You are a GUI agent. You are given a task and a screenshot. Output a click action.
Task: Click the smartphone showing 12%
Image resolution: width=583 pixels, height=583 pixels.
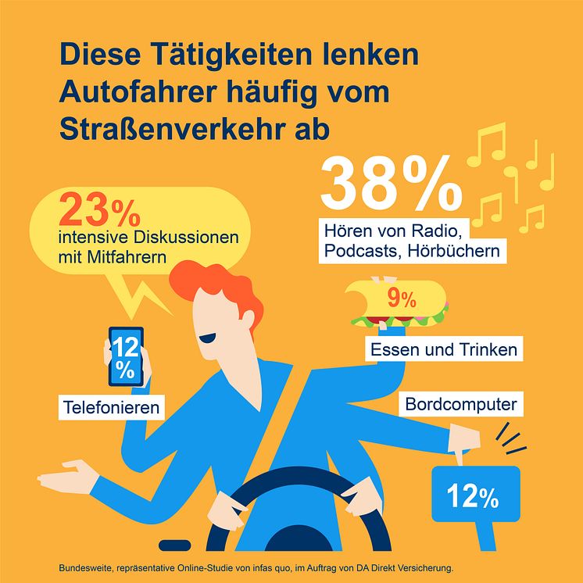125,356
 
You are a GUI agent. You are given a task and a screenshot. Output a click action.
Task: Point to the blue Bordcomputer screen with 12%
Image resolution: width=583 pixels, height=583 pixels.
475,495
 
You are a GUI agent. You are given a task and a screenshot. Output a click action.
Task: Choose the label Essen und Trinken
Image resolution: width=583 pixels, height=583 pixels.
444,349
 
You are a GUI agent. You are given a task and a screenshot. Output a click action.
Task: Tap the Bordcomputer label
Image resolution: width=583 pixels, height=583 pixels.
462,405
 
